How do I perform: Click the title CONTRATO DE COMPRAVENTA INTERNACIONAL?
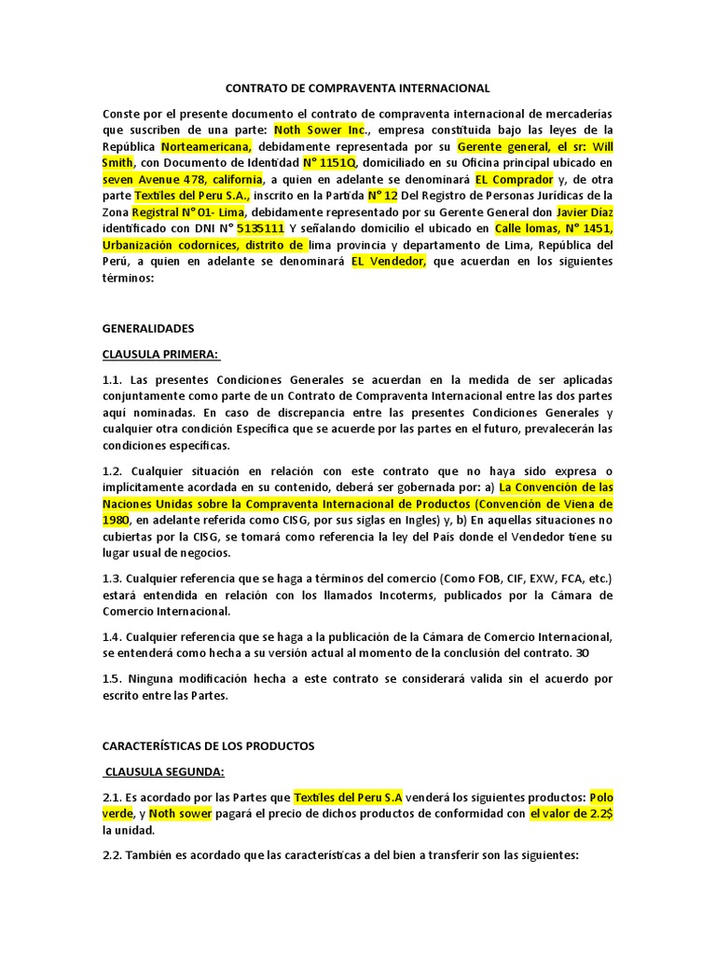click(x=358, y=89)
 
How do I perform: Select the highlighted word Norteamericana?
click(x=207, y=147)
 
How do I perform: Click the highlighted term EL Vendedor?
click(x=388, y=261)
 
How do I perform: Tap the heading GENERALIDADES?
click(x=148, y=329)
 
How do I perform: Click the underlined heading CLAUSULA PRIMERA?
click(x=160, y=355)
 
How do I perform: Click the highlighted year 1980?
click(x=116, y=519)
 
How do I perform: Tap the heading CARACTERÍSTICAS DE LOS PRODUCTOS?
click(x=209, y=745)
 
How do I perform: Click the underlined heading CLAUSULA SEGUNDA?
click(x=164, y=771)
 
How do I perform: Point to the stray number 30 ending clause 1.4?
click(x=582, y=653)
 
